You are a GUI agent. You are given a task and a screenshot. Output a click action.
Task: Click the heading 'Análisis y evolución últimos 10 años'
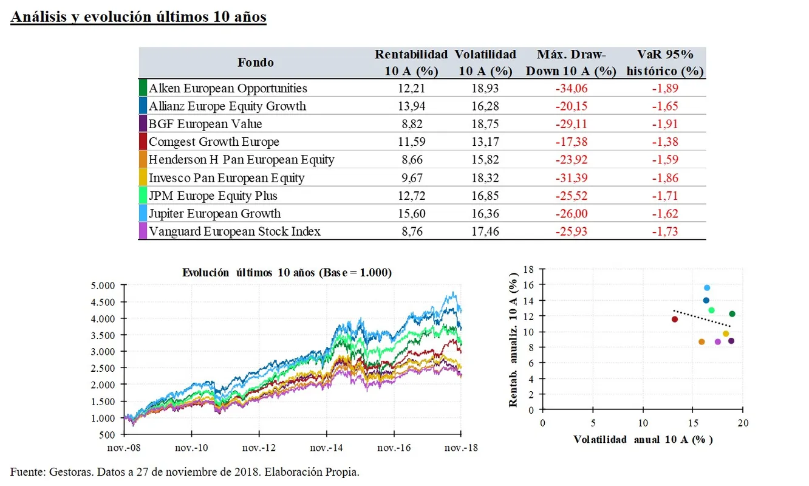click(x=138, y=17)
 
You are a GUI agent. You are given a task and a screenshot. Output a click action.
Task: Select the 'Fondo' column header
click(x=255, y=62)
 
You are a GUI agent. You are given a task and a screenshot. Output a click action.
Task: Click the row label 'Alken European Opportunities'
click(x=228, y=88)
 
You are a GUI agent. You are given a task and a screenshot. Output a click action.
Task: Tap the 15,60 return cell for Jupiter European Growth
click(x=411, y=213)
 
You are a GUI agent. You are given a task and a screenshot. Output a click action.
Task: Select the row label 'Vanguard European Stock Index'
click(x=234, y=231)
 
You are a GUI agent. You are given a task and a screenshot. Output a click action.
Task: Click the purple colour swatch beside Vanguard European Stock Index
click(x=143, y=231)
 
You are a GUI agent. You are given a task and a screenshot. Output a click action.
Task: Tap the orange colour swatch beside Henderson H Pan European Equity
click(x=143, y=160)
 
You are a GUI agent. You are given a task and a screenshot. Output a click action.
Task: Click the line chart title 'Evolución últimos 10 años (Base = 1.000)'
click(x=287, y=273)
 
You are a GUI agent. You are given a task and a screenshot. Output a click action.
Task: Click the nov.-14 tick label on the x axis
click(x=327, y=448)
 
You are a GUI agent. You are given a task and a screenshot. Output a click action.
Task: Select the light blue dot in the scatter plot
click(x=707, y=288)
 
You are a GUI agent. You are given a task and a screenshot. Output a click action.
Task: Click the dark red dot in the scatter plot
click(x=675, y=320)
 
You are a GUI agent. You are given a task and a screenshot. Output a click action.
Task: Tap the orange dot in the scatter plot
click(x=701, y=342)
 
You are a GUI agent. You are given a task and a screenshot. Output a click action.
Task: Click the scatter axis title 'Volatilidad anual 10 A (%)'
click(x=643, y=439)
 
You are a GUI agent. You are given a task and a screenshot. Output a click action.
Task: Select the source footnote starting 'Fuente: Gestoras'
click(x=185, y=472)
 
